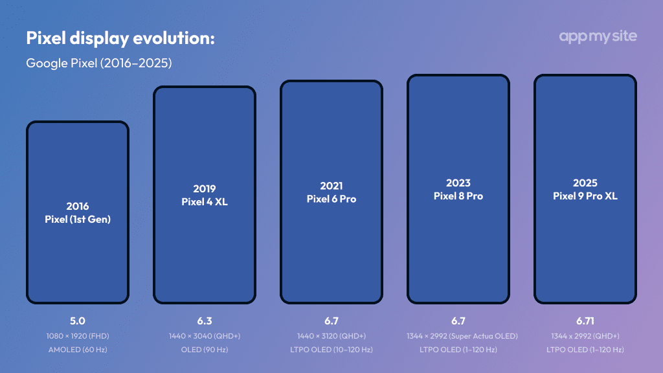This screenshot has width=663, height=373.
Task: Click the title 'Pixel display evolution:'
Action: (x=120, y=38)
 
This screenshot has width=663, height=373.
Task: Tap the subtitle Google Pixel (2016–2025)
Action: (x=98, y=63)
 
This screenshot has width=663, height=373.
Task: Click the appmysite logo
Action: (x=598, y=36)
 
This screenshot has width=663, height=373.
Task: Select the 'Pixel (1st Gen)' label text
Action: (x=78, y=219)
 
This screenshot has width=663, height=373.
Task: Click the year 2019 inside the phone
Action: (x=205, y=189)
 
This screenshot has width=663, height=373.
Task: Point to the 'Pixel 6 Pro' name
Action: (x=331, y=199)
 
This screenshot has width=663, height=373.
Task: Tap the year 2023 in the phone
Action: (x=458, y=183)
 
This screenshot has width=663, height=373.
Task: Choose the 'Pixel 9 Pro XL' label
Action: (x=585, y=196)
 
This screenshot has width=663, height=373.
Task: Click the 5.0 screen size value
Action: (x=78, y=321)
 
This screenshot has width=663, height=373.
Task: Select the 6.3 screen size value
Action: (x=205, y=321)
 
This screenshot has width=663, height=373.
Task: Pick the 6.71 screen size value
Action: (x=585, y=321)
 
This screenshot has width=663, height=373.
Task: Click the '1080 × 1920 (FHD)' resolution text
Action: (x=78, y=336)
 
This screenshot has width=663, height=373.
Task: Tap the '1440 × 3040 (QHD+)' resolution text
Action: (x=205, y=336)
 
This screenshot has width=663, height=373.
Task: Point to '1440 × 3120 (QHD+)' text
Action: (x=331, y=336)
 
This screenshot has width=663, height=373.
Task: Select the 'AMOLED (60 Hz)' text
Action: (x=78, y=350)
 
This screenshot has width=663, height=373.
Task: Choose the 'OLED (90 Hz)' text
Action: (x=205, y=350)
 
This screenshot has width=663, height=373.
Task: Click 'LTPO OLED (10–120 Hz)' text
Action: (x=331, y=350)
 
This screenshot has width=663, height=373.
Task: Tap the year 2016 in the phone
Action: (x=78, y=206)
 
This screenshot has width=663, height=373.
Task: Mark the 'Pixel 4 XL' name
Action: (x=205, y=202)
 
